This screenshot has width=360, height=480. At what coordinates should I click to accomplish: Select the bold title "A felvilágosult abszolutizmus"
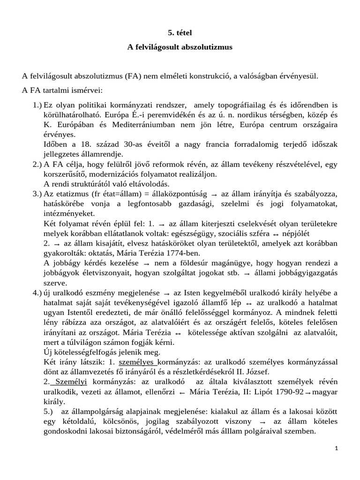point(180,47)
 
